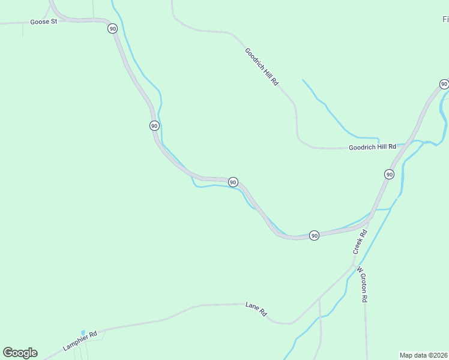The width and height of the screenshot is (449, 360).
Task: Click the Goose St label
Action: (43, 22)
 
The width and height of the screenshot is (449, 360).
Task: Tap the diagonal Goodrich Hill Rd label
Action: (262, 66)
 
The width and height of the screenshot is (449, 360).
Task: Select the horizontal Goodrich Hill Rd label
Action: (373, 146)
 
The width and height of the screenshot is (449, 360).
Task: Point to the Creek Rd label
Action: (360, 241)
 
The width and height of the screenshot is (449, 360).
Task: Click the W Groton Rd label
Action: (362, 284)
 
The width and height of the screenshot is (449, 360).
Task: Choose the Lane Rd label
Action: (256, 310)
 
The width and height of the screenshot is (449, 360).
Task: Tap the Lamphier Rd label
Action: (80, 341)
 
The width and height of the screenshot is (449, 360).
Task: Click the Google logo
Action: (20, 353)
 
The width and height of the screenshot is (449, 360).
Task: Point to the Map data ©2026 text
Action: (424, 355)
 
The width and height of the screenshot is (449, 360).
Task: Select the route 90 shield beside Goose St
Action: (112, 28)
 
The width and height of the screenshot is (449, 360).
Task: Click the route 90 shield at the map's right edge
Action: (444, 84)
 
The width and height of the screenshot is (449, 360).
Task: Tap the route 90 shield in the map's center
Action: (233, 182)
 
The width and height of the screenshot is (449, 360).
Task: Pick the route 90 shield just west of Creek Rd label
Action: (314, 235)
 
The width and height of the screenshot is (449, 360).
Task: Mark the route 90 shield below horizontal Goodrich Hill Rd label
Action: (389, 174)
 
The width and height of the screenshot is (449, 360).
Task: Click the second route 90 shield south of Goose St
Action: (154, 125)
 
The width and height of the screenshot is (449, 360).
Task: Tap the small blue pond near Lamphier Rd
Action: (83, 332)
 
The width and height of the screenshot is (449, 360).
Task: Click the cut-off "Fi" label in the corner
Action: (445, 20)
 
